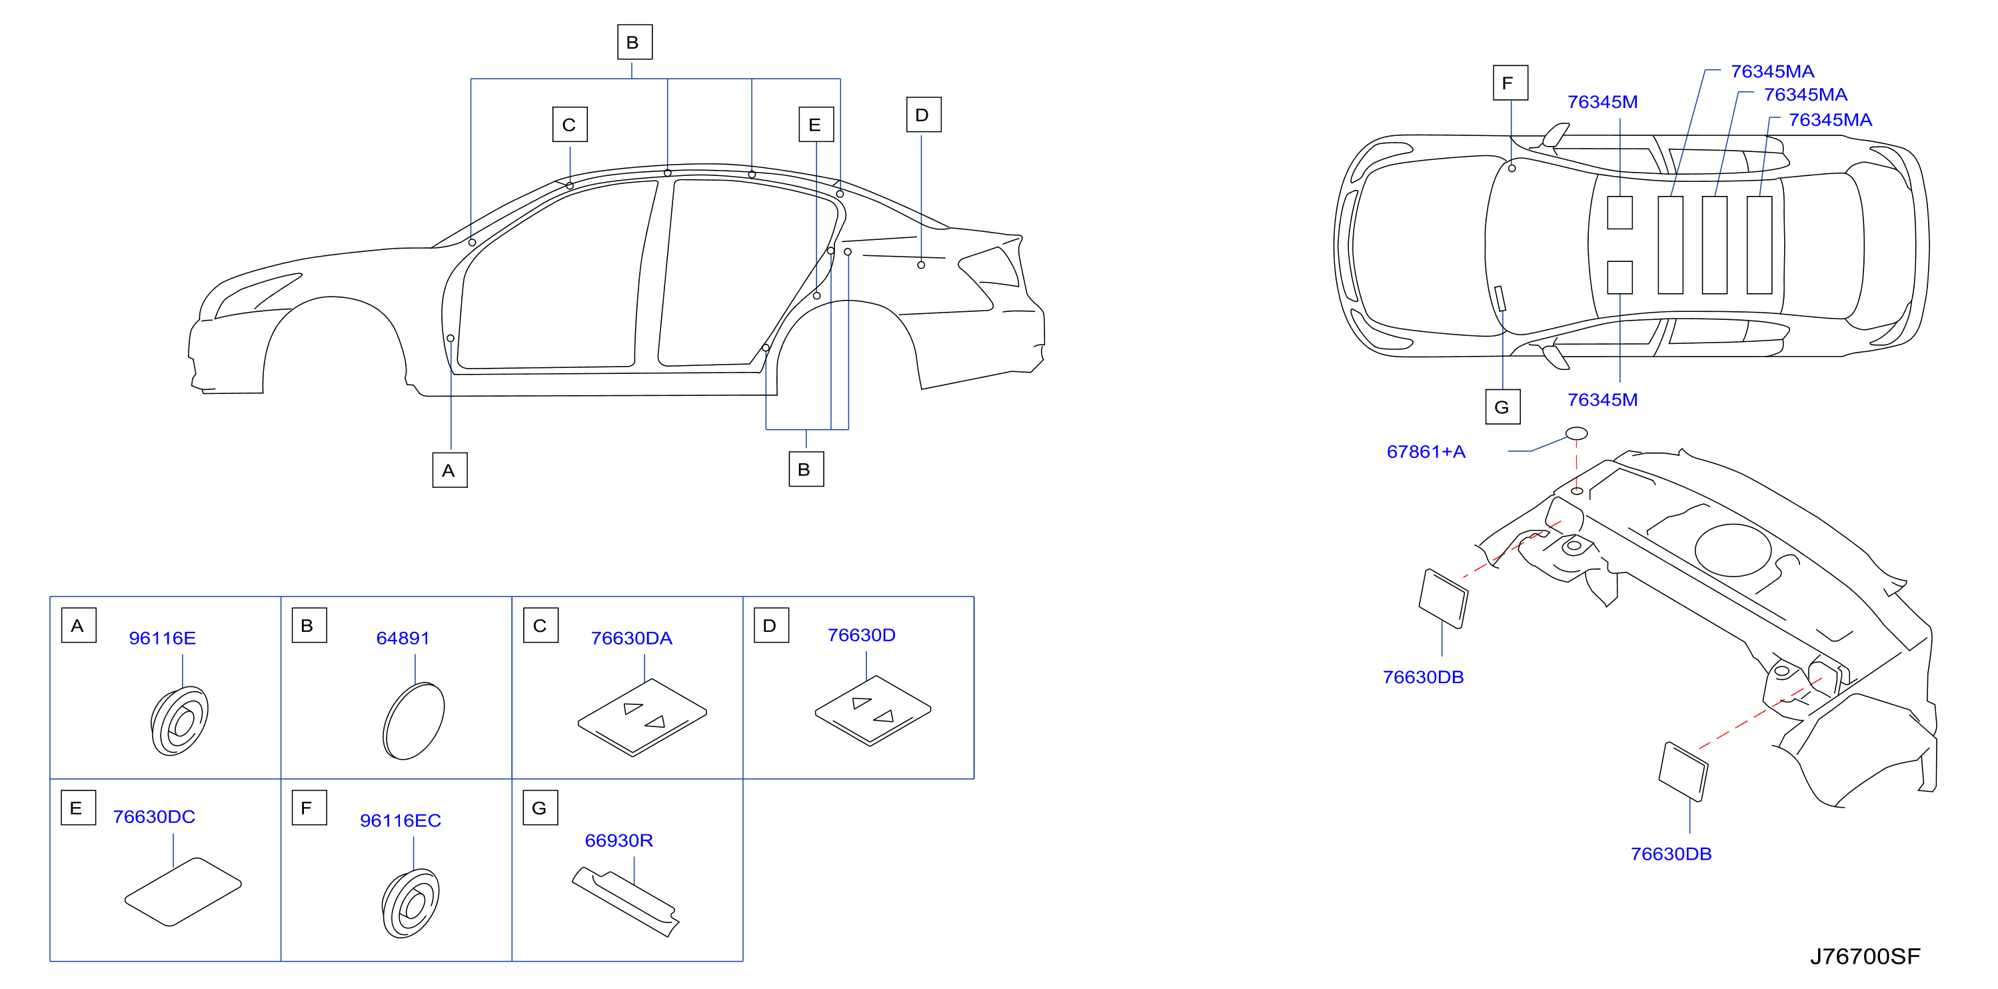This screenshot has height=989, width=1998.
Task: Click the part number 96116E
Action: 162,638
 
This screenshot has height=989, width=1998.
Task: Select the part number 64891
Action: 403,638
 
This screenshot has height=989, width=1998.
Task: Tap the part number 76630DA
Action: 631,638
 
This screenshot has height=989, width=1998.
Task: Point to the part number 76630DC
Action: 153,817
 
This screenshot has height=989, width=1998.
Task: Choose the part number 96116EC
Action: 401,820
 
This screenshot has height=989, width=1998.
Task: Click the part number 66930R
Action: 619,841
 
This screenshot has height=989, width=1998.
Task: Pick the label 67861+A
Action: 1426,451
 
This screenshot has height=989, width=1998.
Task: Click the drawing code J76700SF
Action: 1865,956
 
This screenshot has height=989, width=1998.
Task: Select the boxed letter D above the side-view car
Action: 924,115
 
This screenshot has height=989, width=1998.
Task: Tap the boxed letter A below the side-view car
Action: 450,470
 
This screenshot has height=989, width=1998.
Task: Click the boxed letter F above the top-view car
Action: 1511,83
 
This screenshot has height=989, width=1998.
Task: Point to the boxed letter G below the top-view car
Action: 1503,407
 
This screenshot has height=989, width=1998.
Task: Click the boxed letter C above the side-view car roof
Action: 570,125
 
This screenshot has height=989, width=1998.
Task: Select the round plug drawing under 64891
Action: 413,720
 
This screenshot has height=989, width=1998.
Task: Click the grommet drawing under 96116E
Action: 180,720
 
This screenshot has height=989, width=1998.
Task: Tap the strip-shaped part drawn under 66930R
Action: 625,901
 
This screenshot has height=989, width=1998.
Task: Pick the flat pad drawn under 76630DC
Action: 183,892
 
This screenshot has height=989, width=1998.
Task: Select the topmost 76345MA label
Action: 1772,71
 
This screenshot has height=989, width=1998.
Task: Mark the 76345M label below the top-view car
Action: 1602,401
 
